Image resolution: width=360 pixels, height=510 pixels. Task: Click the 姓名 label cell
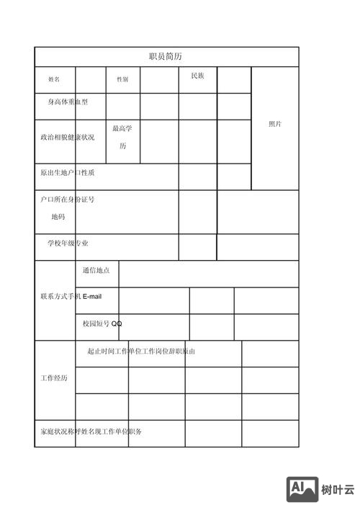[x=54, y=79]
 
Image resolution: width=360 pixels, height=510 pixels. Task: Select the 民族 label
[x=197, y=76]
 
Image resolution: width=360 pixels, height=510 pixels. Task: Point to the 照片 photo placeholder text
[x=275, y=124]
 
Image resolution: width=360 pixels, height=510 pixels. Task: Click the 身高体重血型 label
[x=68, y=102]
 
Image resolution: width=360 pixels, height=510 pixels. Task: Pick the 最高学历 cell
[x=122, y=137]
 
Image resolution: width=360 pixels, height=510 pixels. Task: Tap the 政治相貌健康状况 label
[x=67, y=137]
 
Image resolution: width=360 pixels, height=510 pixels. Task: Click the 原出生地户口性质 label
[x=67, y=173]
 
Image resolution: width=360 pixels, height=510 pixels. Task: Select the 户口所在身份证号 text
[x=67, y=200]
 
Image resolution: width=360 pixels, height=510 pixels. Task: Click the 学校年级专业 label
[x=68, y=243]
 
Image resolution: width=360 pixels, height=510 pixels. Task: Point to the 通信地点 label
[x=96, y=270]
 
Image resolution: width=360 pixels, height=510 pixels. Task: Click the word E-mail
[x=93, y=297]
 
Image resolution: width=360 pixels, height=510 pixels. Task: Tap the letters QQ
[x=117, y=324]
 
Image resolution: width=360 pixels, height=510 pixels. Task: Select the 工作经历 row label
[x=54, y=378]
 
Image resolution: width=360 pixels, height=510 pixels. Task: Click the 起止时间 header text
[x=99, y=352]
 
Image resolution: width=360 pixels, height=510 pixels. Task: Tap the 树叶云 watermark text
[x=338, y=490]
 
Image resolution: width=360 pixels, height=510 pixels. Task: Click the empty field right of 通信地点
[x=208, y=274]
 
